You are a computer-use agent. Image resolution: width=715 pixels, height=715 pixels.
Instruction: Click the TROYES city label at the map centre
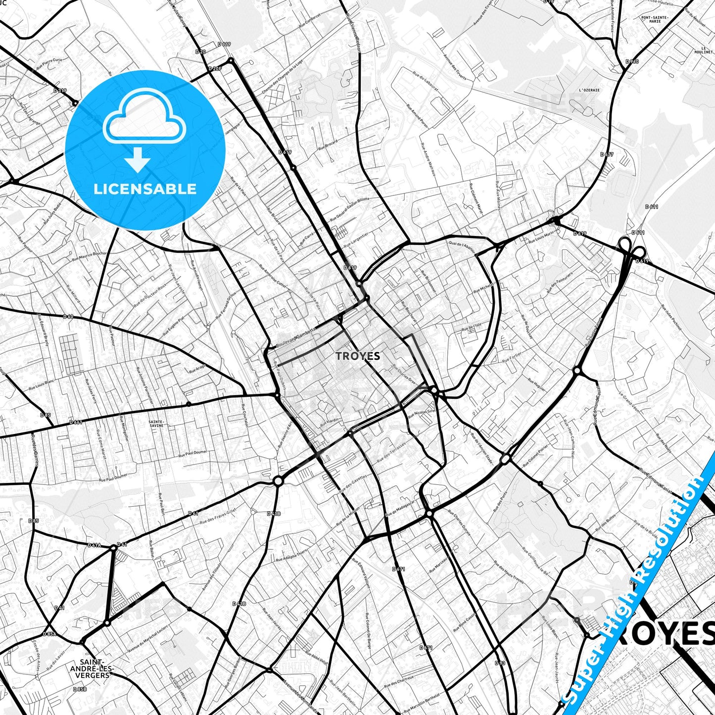click(358, 356)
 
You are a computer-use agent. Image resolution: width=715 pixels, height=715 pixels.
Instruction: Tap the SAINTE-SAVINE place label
click(156, 424)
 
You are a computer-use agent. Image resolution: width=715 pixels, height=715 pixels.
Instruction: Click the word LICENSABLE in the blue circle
click(145, 189)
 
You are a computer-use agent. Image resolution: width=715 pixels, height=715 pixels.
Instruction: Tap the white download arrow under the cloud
click(138, 159)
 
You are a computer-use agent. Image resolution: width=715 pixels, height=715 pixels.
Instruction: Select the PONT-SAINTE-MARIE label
click(655, 20)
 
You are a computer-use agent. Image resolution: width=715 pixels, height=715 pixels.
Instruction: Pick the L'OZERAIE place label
click(589, 90)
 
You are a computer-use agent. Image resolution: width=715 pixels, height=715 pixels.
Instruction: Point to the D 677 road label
click(607, 154)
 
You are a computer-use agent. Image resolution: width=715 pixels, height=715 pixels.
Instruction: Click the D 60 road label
click(68, 316)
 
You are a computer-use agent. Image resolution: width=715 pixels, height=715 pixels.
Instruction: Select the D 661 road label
click(76, 422)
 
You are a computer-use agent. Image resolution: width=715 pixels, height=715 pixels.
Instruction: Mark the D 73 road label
click(500, 663)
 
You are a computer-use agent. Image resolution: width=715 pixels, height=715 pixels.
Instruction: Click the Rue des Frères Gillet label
click(218, 517)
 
